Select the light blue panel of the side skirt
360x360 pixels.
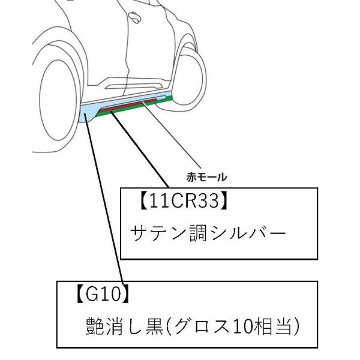pyautogui.click(x=90, y=111)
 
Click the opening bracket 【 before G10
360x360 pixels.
pyautogui.click(x=78, y=295)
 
